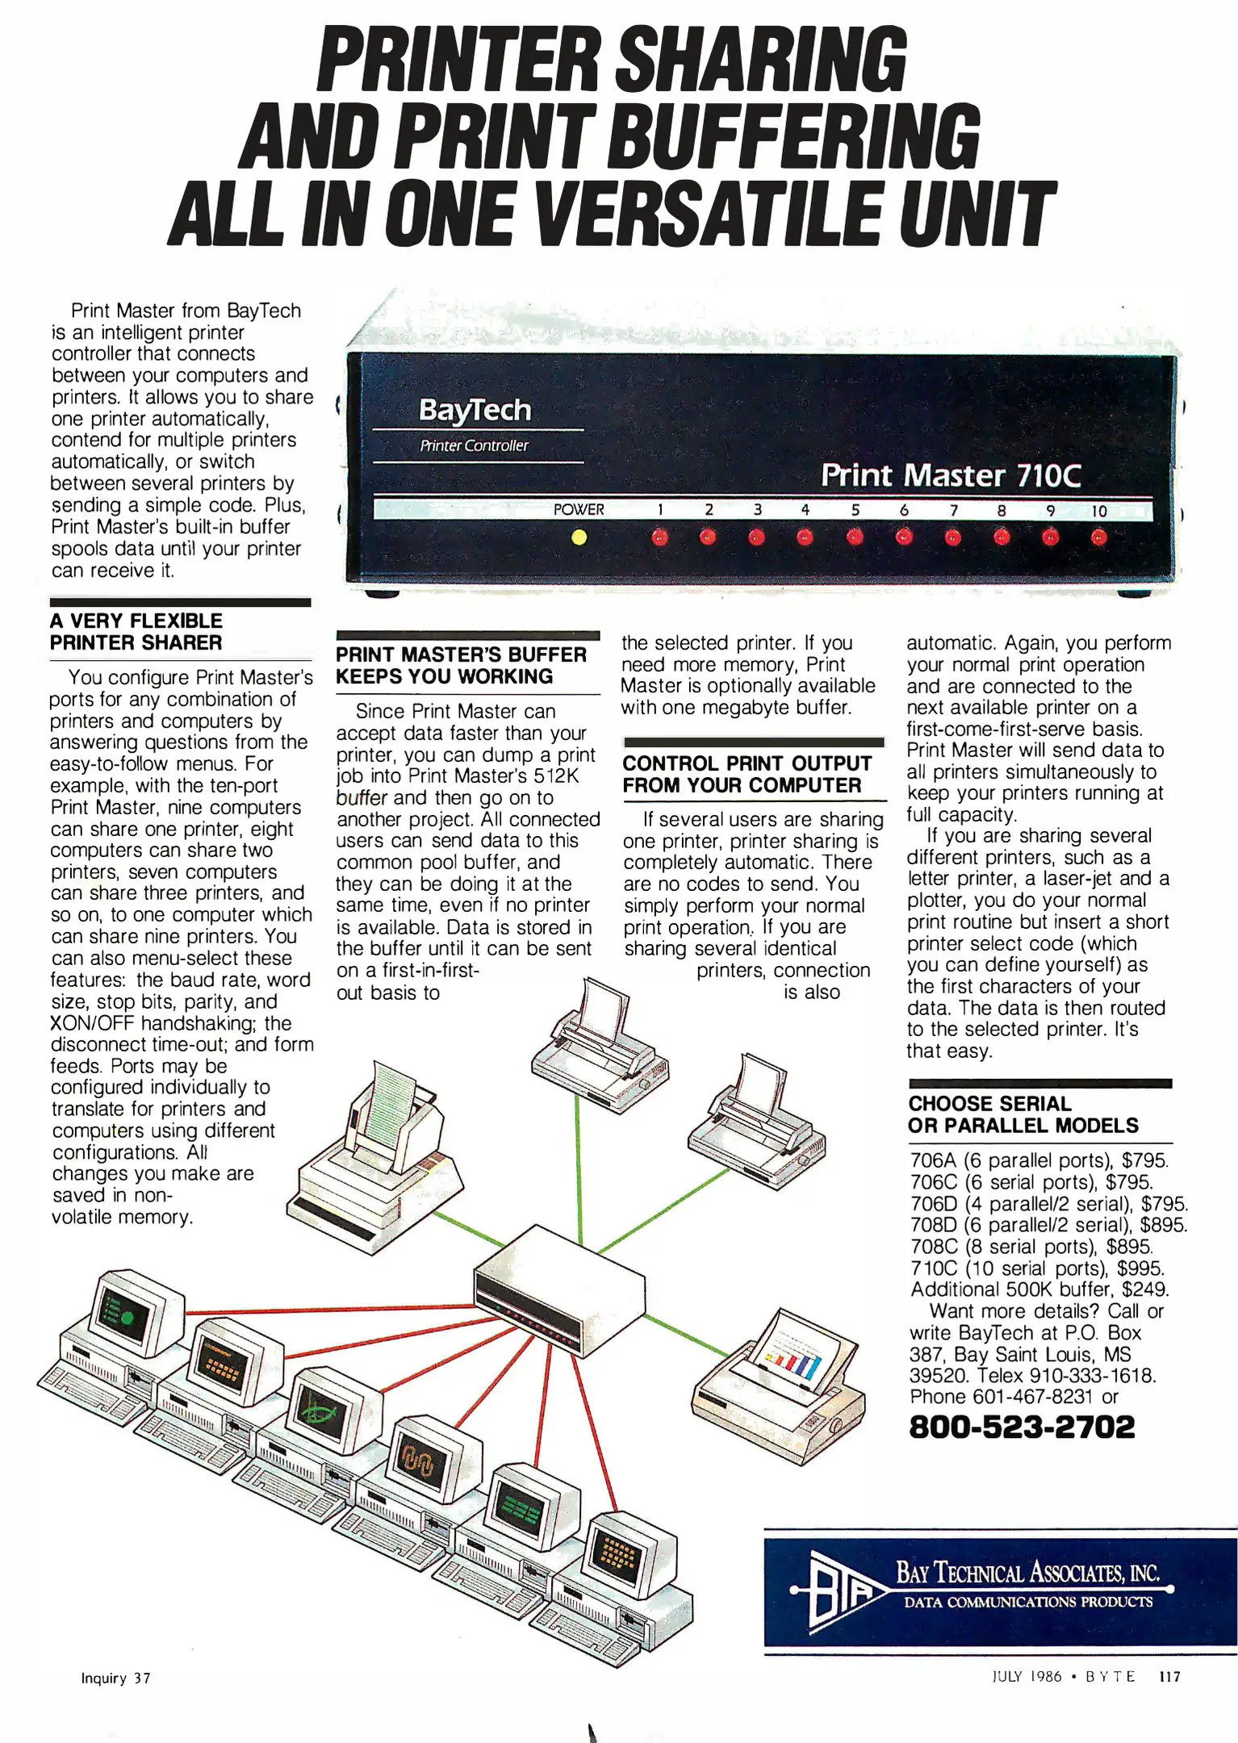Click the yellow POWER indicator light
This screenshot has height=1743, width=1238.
579,537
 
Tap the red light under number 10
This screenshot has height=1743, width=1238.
1098,537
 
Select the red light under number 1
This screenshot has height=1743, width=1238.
660,537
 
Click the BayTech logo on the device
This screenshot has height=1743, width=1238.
475,410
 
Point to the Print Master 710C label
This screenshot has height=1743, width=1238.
950,475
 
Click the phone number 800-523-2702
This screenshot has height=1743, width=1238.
1022,1427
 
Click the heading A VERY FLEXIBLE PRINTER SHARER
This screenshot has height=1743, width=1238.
136,632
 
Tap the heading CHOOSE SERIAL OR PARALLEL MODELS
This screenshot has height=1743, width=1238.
1023,1114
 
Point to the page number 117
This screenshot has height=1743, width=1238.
1169,1676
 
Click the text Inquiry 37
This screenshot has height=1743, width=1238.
115,1678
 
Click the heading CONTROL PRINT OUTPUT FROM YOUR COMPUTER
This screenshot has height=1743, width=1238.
747,774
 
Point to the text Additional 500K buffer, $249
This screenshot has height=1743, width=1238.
1039,1289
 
